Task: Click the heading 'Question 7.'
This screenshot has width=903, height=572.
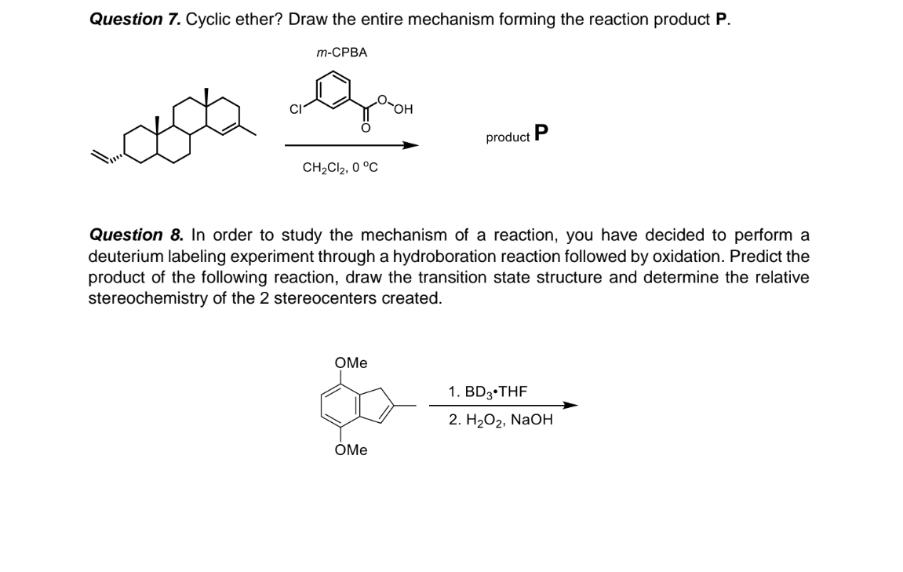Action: pyautogui.click(x=136, y=20)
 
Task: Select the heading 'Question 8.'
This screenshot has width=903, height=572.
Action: pyautogui.click(x=137, y=235)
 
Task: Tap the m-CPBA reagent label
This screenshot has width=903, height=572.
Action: pyautogui.click(x=342, y=53)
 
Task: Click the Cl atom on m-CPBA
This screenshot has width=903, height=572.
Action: pyautogui.click(x=296, y=109)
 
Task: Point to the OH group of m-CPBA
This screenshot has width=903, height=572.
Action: pyautogui.click(x=404, y=109)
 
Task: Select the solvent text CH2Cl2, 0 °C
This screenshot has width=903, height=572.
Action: pyautogui.click(x=340, y=168)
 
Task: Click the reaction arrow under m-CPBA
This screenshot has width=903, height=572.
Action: pyautogui.click(x=352, y=145)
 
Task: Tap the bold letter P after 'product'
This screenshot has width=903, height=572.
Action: pyautogui.click(x=541, y=133)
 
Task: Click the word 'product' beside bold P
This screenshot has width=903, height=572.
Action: pyautogui.click(x=508, y=137)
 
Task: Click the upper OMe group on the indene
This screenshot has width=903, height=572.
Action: pyautogui.click(x=351, y=363)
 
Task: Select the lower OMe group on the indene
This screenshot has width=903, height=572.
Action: pyautogui.click(x=351, y=450)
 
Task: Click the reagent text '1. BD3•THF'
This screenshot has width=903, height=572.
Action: pyautogui.click(x=488, y=392)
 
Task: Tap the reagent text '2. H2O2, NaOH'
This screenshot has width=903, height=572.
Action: pyautogui.click(x=501, y=420)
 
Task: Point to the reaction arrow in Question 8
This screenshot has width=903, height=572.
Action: pyautogui.click(x=504, y=406)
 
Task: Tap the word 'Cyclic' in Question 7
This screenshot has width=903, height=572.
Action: pyautogui.click(x=208, y=20)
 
